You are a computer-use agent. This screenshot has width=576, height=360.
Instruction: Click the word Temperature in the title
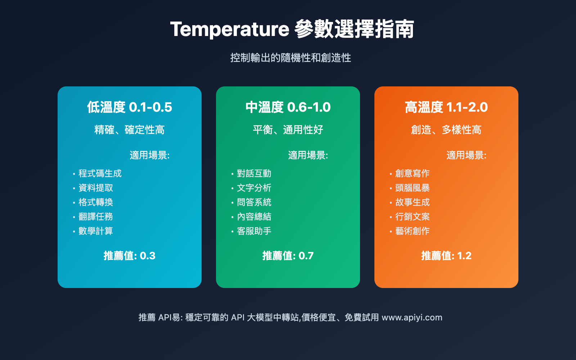pos(230,30)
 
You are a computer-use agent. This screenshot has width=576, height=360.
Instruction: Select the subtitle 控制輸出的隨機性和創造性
pos(291,58)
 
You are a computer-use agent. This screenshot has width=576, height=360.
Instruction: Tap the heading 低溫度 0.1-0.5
pos(129,107)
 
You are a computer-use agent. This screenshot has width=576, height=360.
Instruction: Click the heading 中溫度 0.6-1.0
pos(288,107)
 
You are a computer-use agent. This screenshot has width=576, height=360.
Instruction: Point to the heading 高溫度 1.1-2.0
pos(446,107)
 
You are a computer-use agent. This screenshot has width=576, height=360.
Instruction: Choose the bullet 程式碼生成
pos(100,174)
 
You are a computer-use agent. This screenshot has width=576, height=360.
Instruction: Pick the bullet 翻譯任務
pos(96,217)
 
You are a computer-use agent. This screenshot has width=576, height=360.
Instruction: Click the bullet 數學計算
pos(96,231)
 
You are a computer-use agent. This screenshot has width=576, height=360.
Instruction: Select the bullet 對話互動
pos(254,174)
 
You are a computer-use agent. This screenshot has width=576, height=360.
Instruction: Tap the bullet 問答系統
pos(254,202)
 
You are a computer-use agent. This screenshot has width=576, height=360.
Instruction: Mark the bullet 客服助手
pos(254,231)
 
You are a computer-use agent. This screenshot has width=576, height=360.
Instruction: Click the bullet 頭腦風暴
pos(413,188)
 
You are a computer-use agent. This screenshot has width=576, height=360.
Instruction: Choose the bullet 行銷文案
pos(413,217)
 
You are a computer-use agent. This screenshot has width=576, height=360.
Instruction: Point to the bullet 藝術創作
pos(413,231)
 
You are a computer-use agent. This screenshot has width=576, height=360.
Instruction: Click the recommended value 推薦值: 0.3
pos(130,256)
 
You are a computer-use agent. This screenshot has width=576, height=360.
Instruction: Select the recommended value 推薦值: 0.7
pos(288,256)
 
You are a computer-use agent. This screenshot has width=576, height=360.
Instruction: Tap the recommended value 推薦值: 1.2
pos(446,256)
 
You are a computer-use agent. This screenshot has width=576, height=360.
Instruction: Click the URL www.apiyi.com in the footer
pos(412,318)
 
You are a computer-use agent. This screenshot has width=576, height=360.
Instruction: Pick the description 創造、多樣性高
pos(446,130)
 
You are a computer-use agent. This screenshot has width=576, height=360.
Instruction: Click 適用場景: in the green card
pos(308,155)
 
